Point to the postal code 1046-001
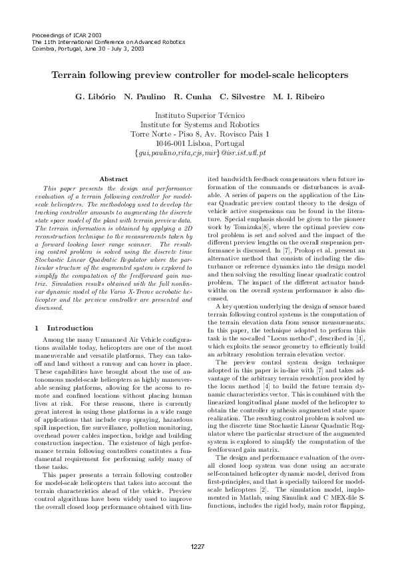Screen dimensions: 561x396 (x=170, y=143)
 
